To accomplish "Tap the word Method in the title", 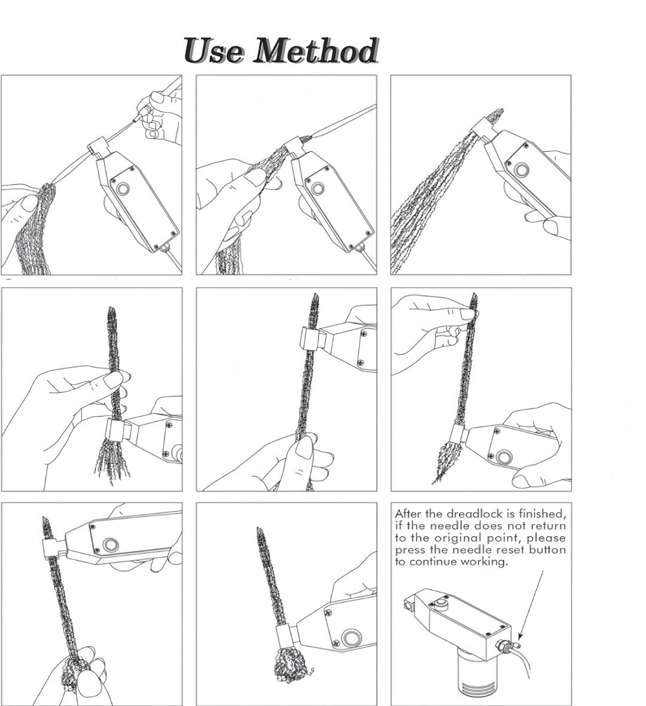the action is pyautogui.click(x=315, y=50).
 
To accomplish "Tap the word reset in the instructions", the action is pyautogui.click(x=511, y=550).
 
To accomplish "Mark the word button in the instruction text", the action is pyautogui.click(x=548, y=550).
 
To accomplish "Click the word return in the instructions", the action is pyautogui.click(x=549, y=526).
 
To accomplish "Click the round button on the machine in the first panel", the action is pyautogui.click(x=122, y=188).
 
